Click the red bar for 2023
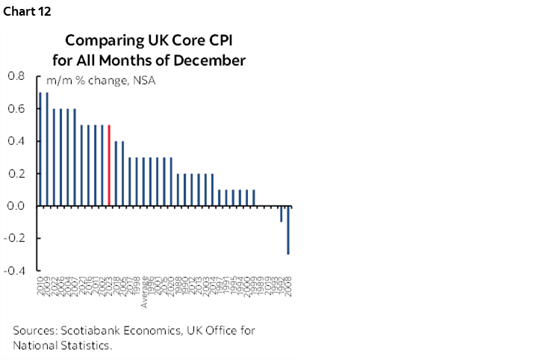110,165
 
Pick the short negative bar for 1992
281,214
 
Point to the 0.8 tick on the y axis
16,76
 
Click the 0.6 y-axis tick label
16,108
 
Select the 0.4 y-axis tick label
16,141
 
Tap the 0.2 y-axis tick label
16,173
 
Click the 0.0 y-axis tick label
16,206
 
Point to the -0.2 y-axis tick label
14,238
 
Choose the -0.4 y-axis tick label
14,271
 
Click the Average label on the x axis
145,295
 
